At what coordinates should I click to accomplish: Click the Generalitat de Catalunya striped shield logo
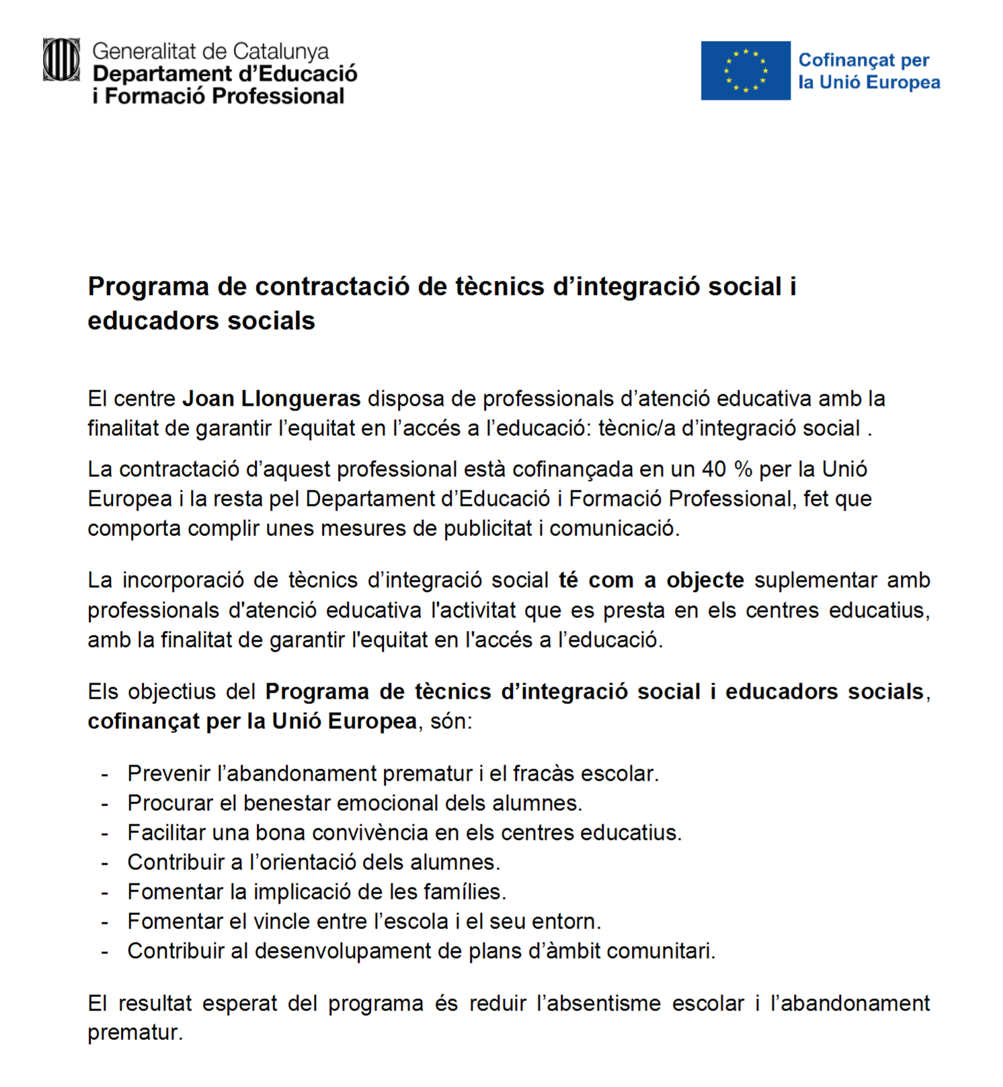[61, 60]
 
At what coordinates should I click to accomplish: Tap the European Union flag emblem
[745, 71]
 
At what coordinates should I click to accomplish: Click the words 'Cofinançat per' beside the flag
[863, 60]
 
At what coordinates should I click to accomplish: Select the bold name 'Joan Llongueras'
[272, 399]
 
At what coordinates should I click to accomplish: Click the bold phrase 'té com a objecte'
[651, 580]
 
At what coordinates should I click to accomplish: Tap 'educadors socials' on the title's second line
[201, 321]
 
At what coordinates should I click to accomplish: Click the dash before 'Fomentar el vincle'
[105, 922]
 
